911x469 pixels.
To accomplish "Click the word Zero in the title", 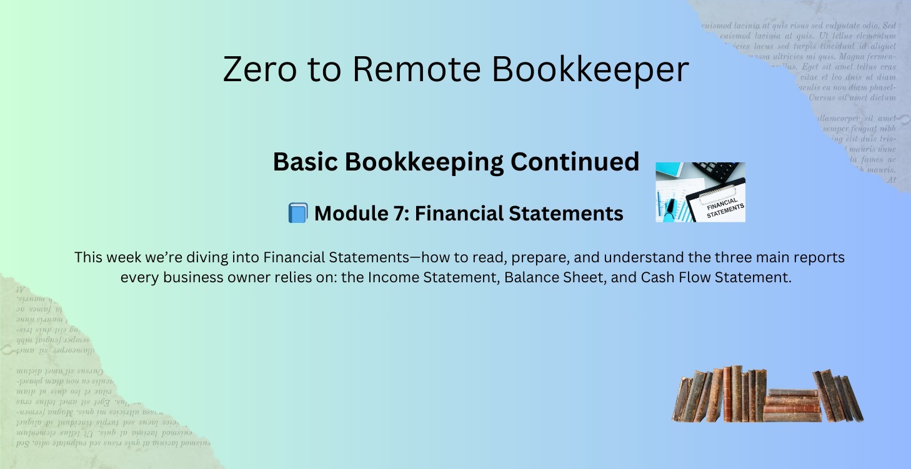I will (259, 69).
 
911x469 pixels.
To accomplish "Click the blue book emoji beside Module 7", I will (297, 213).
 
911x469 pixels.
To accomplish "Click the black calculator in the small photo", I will (719, 170).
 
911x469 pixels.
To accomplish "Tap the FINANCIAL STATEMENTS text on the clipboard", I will (725, 207).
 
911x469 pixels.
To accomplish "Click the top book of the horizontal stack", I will (792, 392).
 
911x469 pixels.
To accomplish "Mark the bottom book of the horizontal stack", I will (792, 417).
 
